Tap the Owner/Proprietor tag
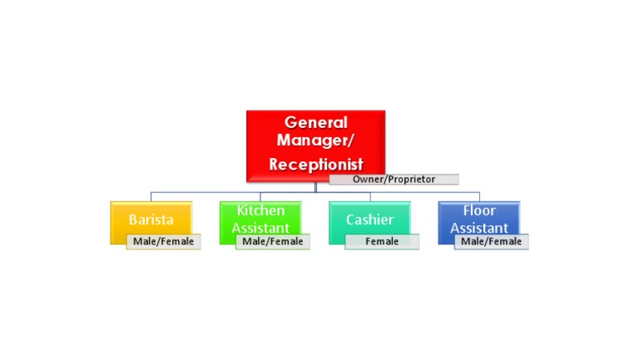pos(394,179)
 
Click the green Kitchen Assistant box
pos(260,218)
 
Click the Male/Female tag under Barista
pos(164,242)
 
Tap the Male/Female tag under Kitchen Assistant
pos(273,242)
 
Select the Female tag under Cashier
pos(382,242)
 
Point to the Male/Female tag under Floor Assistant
pos(491,242)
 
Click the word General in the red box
pos(315,122)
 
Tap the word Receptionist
pos(315,165)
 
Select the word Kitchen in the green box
pos(260,211)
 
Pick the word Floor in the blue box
pos(479,211)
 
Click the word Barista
pos(151,220)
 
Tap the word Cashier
pos(369,220)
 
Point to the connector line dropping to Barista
pos(151,196)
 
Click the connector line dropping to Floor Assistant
pos(479,196)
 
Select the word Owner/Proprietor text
pos(394,179)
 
